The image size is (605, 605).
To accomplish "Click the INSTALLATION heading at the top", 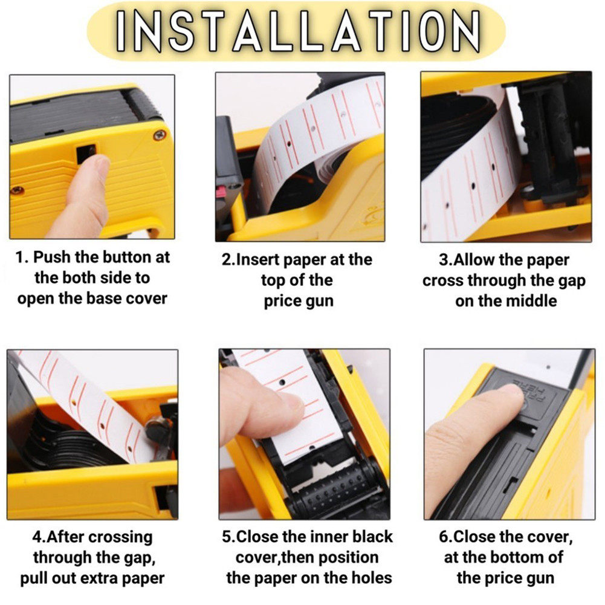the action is tap(298, 31).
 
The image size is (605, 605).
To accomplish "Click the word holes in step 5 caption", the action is tap(371, 578).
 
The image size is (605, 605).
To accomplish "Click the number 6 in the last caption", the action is tap(443, 537).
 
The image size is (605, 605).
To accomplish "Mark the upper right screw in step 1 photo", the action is tap(158, 135).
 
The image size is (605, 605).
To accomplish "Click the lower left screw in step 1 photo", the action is tap(18, 190).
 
